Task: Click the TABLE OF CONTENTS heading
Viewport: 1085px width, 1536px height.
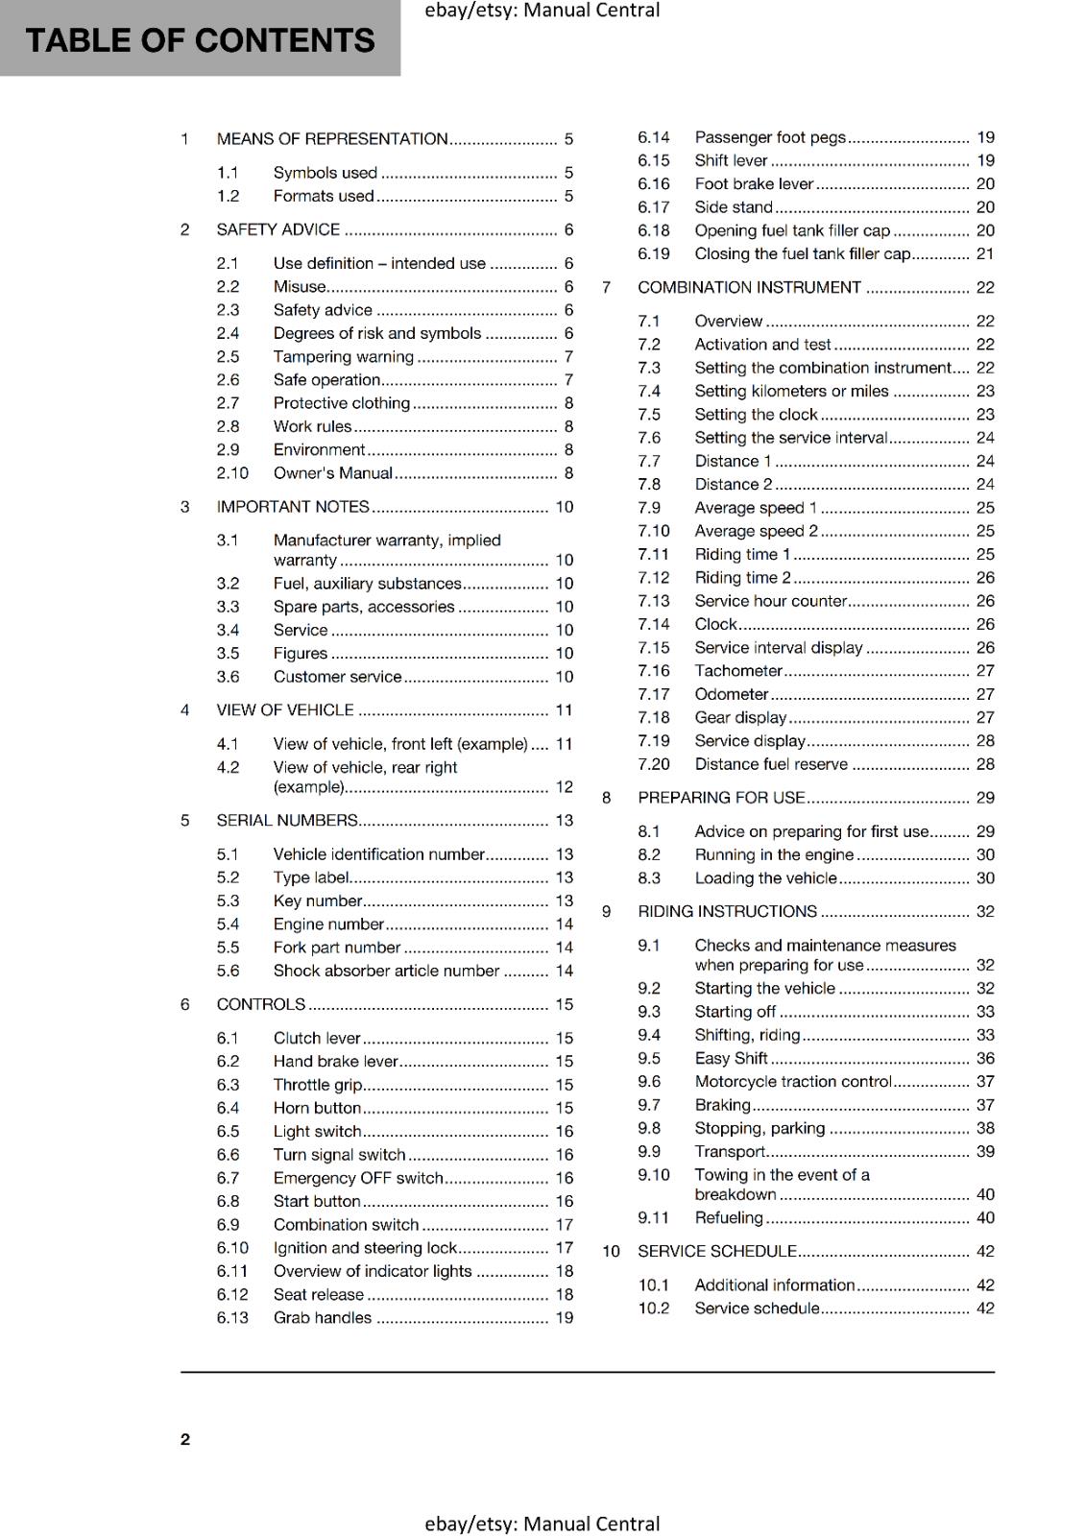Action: click(200, 40)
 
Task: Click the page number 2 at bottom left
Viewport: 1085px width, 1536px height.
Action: click(185, 1439)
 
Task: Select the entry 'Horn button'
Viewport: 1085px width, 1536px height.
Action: click(317, 1108)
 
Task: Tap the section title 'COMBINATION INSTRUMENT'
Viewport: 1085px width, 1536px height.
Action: click(749, 288)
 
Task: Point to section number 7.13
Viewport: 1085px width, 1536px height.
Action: click(653, 601)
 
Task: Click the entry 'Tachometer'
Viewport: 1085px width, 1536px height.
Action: click(737, 671)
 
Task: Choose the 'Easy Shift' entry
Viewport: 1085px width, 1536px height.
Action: click(731, 1058)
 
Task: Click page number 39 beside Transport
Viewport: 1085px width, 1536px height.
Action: click(985, 1152)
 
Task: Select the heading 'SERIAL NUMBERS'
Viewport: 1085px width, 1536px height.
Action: click(287, 821)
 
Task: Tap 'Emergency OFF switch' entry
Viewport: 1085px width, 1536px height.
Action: click(358, 1178)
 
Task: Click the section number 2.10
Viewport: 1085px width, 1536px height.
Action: click(232, 473)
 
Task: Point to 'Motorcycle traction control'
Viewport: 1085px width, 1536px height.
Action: click(793, 1082)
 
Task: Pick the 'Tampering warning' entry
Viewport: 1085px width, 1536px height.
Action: click(343, 357)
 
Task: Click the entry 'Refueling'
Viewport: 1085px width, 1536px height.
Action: click(728, 1218)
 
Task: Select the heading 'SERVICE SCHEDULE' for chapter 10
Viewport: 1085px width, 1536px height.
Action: click(716, 1252)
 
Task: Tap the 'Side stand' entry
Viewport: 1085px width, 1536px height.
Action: click(733, 207)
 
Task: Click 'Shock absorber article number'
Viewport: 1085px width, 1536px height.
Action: click(386, 972)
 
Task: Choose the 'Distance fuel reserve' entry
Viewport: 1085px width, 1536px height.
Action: click(771, 765)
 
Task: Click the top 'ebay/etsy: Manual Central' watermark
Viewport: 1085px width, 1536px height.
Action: click(542, 11)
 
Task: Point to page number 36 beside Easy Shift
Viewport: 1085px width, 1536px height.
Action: click(985, 1059)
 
